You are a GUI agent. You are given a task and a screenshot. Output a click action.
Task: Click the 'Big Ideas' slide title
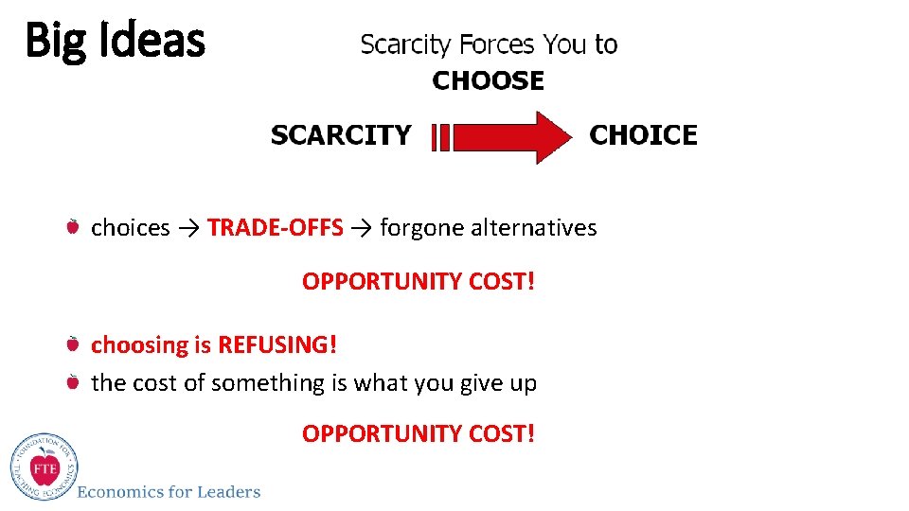tap(115, 41)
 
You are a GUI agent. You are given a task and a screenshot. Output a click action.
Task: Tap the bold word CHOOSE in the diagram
tap(488, 81)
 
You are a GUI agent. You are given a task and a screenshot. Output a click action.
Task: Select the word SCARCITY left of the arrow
tap(341, 135)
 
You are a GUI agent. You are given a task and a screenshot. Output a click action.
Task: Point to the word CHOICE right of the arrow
tap(643, 135)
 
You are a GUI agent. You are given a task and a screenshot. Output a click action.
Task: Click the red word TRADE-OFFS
tap(275, 228)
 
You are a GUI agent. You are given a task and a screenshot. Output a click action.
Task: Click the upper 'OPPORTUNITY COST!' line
tap(419, 282)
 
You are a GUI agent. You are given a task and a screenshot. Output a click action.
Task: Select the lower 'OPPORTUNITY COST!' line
tap(419, 433)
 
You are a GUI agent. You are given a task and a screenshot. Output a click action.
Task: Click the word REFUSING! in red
tap(277, 344)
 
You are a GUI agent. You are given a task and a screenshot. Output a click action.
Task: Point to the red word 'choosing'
tap(139, 345)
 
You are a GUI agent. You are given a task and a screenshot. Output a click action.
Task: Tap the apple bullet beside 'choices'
tap(73, 227)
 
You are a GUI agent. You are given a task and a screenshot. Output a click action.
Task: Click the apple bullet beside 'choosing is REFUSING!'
tap(73, 344)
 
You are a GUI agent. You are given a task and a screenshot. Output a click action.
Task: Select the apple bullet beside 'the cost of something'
tap(73, 382)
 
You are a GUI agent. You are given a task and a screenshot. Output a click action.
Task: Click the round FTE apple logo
tap(45, 467)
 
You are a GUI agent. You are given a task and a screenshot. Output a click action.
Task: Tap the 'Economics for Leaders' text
tap(169, 491)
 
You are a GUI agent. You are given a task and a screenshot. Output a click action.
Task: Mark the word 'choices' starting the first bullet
tap(130, 228)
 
